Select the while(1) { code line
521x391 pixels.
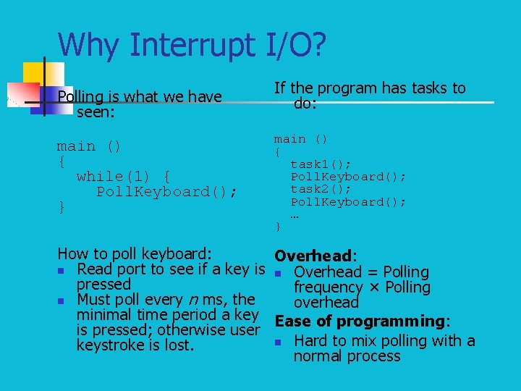click(x=124, y=176)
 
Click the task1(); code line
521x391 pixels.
click(x=321, y=164)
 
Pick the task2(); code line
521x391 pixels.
click(x=321, y=189)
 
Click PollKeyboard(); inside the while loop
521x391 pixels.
click(x=167, y=192)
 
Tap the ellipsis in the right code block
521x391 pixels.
click(x=295, y=214)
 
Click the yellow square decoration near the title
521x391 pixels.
click(x=33, y=72)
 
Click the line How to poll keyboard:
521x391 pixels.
click(x=135, y=253)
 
